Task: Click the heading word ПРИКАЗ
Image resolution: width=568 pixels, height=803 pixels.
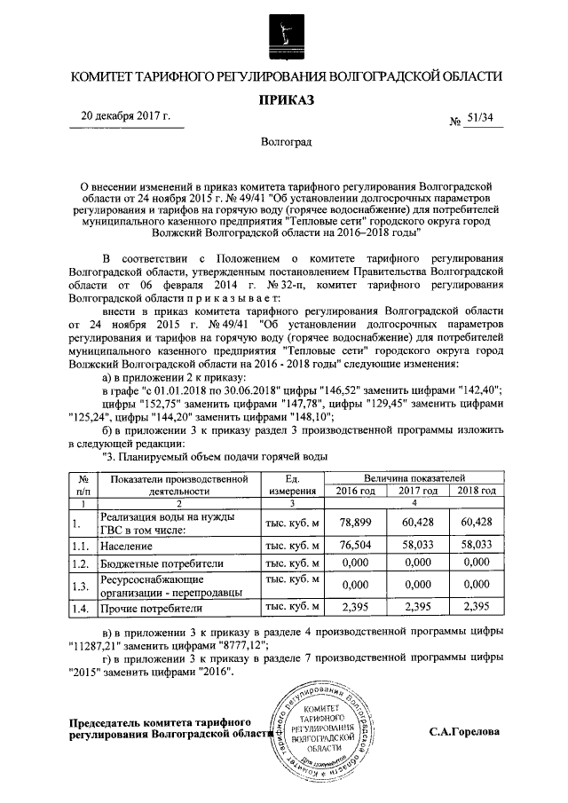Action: pyautogui.click(x=287, y=101)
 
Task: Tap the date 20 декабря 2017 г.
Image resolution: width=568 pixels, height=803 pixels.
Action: pyautogui.click(x=125, y=116)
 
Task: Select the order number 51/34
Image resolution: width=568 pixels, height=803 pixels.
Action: pyautogui.click(x=477, y=119)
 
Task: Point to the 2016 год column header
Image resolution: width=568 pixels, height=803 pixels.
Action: pyautogui.click(x=349, y=491)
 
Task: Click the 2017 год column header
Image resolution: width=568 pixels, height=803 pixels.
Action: pyautogui.click(x=416, y=491)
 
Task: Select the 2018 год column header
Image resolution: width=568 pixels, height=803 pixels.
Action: pyautogui.click(x=477, y=491)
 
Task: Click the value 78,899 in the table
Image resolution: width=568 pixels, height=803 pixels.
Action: pyautogui.click(x=349, y=523)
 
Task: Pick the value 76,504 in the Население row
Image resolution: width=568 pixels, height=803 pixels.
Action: pyautogui.click(x=349, y=547)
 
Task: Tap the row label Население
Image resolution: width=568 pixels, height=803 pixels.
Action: pyautogui.click(x=127, y=547)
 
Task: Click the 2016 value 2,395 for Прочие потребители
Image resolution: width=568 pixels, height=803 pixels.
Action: pyautogui.click(x=349, y=609)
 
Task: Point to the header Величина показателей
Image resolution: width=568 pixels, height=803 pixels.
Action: pyautogui.click(x=413, y=477)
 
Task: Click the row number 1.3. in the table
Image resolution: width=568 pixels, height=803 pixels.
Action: pyautogui.click(x=82, y=586)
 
